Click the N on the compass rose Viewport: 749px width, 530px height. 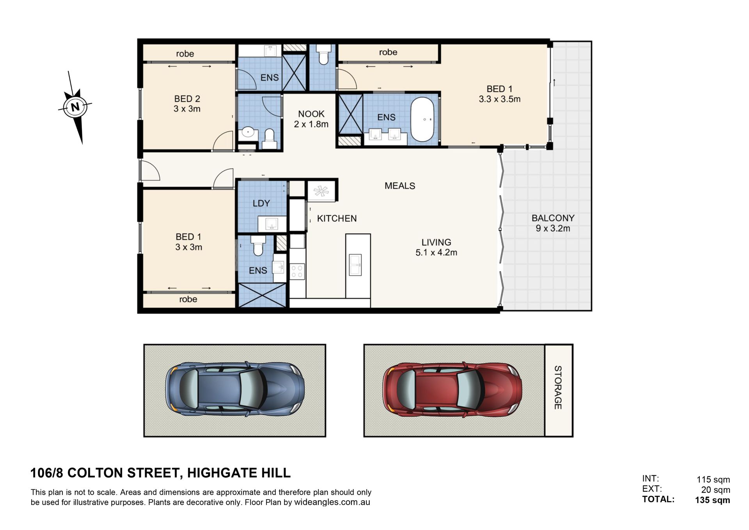pyautogui.click(x=75, y=106)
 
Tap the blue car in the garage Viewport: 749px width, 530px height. pyautogui.click(x=235, y=389)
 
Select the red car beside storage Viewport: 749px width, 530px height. pyautogui.click(x=453, y=389)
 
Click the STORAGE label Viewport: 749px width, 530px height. pyautogui.click(x=558, y=388)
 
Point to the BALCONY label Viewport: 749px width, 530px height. pyautogui.click(x=553, y=218)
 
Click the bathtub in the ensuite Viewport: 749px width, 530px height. pyautogui.click(x=422, y=119)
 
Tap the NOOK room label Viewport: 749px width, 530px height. pyautogui.click(x=311, y=114)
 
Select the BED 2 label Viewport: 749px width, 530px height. pyautogui.click(x=187, y=99)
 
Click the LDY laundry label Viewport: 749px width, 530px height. pyautogui.click(x=261, y=203)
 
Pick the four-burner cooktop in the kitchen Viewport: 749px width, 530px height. pyautogui.click(x=297, y=271)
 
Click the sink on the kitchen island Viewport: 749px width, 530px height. pyautogui.click(x=355, y=265)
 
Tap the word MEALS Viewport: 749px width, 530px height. pyautogui.click(x=400, y=186)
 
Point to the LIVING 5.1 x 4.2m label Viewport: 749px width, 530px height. pyautogui.click(x=436, y=247)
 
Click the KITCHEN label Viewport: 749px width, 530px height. pyautogui.click(x=337, y=219)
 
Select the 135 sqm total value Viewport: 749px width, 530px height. pyautogui.click(x=712, y=500)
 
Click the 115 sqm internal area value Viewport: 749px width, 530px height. pyautogui.click(x=713, y=480)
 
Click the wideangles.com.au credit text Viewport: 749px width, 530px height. pyautogui.click(x=332, y=502)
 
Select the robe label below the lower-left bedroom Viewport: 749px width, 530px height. pyautogui.click(x=188, y=299)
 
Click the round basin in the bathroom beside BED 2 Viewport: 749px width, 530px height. pyautogui.click(x=248, y=133)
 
